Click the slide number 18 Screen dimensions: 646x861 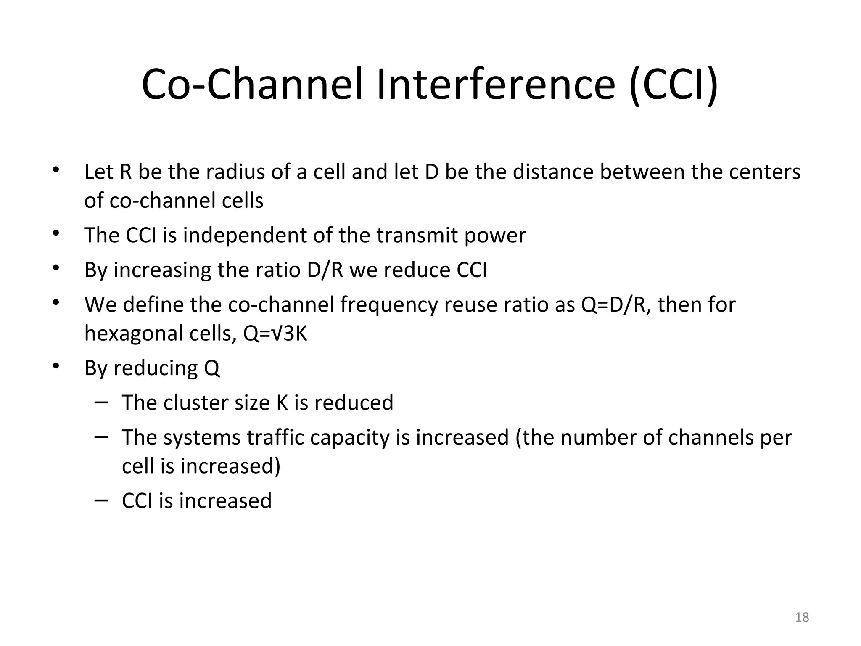point(802,617)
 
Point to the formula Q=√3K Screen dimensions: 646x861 point(275,334)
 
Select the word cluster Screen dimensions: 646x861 point(195,402)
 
